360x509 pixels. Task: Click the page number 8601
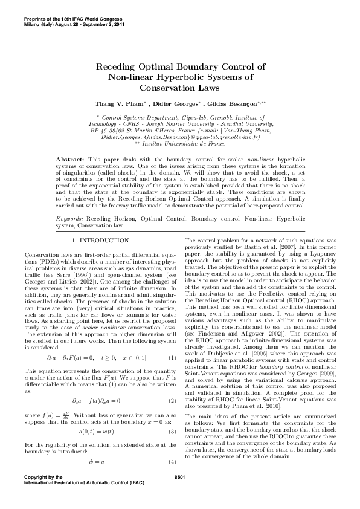click(179, 478)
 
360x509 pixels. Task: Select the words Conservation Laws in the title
click(179, 88)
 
